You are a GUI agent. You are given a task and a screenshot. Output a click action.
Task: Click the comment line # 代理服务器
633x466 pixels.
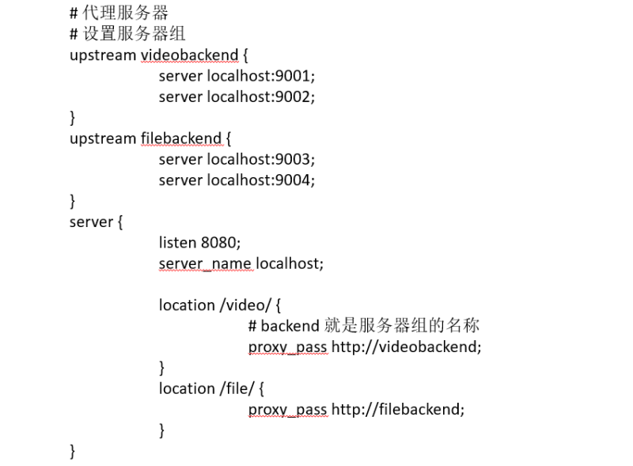click(x=119, y=13)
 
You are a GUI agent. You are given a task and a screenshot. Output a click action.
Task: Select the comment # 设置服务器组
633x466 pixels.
click(x=127, y=34)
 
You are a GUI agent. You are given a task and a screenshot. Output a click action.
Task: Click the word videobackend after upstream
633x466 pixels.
click(x=189, y=55)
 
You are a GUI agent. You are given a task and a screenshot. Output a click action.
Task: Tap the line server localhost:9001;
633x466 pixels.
click(x=237, y=76)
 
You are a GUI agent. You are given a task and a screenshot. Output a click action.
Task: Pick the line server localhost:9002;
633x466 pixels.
click(x=237, y=97)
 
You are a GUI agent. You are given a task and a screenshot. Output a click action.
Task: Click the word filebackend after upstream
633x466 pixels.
click(x=181, y=138)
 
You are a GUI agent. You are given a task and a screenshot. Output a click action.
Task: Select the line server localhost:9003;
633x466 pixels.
click(x=237, y=159)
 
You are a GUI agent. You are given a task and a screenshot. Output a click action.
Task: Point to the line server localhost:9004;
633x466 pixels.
click(x=237, y=180)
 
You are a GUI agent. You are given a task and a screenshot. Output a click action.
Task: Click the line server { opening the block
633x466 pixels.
click(x=96, y=222)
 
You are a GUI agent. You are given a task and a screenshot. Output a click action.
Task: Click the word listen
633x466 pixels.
click(x=176, y=242)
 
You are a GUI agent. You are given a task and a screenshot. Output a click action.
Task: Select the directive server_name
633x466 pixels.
click(x=205, y=263)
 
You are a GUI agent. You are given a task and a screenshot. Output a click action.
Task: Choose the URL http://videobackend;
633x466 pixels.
click(x=406, y=347)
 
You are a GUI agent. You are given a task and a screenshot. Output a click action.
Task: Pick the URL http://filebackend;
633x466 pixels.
click(x=398, y=409)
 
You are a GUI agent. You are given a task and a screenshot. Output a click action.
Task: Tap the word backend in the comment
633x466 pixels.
click(x=290, y=325)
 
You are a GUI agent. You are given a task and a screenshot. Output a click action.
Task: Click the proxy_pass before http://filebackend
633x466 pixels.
click(x=287, y=409)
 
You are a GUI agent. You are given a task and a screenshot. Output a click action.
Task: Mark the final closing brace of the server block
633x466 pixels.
click(x=73, y=451)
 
